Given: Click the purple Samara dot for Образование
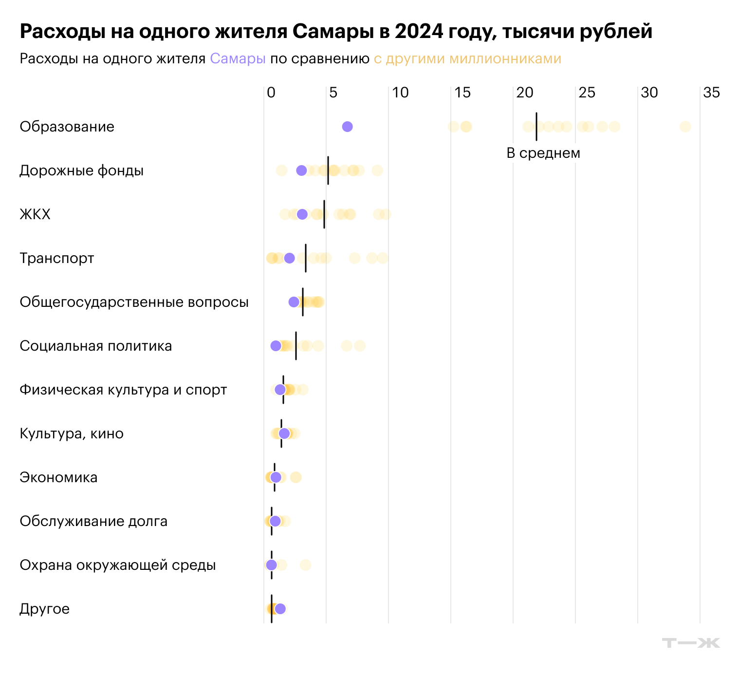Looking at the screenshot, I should click(347, 127).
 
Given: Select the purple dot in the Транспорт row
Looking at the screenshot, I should click(289, 258).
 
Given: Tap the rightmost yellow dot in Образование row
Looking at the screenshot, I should click(685, 127).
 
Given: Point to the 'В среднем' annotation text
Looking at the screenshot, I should click(543, 153).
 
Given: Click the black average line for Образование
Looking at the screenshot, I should click(536, 127).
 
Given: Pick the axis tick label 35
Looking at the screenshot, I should click(711, 93).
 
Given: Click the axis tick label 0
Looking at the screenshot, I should click(271, 93).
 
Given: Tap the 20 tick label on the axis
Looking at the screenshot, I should click(525, 93).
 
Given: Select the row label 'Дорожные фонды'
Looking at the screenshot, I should click(81, 170).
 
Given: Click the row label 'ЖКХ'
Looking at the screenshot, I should click(35, 214).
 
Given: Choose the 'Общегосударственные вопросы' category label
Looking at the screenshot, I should click(134, 302).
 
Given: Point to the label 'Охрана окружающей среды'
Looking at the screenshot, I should click(117, 565).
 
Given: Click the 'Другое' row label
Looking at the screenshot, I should click(44, 609).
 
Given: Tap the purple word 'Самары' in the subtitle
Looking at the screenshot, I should click(238, 59).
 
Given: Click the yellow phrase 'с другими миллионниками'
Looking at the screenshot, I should click(467, 59).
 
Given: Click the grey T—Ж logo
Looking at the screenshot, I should click(691, 643).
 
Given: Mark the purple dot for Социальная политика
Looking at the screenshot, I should click(276, 346).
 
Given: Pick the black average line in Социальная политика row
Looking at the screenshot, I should click(296, 346).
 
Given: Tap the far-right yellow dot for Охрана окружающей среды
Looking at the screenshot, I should click(305, 565).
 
